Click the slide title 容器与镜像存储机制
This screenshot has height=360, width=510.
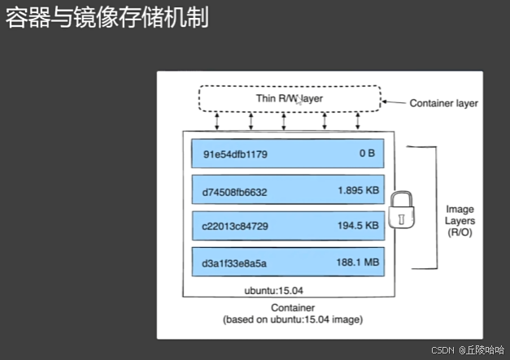tap(107, 18)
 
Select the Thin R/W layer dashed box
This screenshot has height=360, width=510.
tap(290, 99)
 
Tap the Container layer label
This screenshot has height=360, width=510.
tap(443, 103)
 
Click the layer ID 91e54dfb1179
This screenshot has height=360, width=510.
tap(235, 154)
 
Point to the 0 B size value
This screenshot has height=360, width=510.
tap(367, 154)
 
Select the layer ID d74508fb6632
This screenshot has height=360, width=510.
tap(235, 192)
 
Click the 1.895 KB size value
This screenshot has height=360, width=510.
tap(357, 192)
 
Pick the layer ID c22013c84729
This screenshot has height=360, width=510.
tap(235, 228)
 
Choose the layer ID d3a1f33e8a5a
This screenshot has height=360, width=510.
tap(235, 264)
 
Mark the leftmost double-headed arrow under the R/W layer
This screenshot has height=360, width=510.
tap(217, 122)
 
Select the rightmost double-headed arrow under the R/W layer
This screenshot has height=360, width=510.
tap(357, 122)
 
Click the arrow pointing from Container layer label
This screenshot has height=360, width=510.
tap(394, 103)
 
